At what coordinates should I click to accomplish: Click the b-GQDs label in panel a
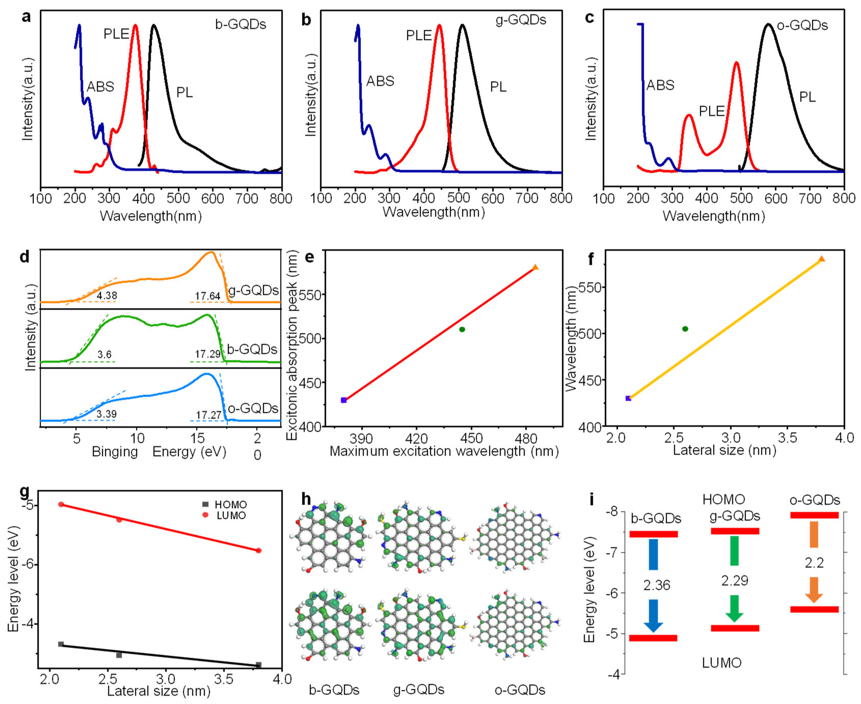pyautogui.click(x=241, y=25)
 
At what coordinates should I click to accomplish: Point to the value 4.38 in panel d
pyautogui.click(x=107, y=296)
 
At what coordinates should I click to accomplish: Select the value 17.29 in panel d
pyautogui.click(x=207, y=354)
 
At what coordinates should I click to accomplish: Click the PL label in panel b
pyautogui.click(x=498, y=87)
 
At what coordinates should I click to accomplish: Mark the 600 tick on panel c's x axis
pyautogui.click(x=775, y=198)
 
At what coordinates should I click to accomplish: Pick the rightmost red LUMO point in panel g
pyautogui.click(x=259, y=550)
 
